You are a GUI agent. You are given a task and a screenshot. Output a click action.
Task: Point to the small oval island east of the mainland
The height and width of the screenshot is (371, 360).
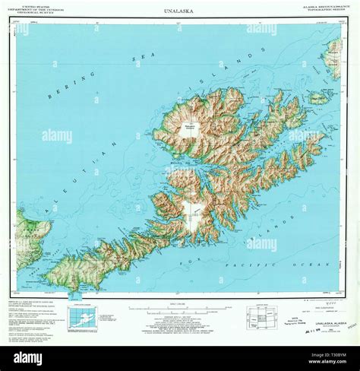[x=318, y=98]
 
